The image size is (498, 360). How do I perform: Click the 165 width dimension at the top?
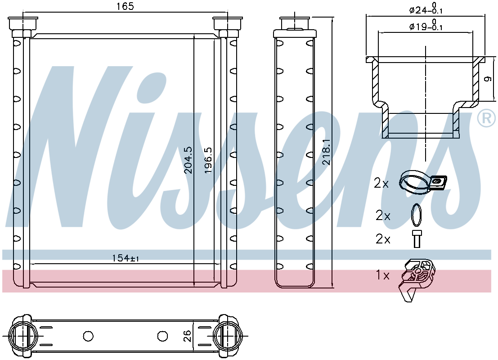tap(126, 6)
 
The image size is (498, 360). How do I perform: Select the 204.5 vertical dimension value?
tap(188, 160)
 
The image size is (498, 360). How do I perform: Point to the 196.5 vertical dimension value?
tap(208, 160)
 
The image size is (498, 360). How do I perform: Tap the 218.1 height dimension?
tap(327, 152)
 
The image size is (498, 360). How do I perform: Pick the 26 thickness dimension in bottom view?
tap(188, 336)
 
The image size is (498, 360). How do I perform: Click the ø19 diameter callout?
tap(426, 25)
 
